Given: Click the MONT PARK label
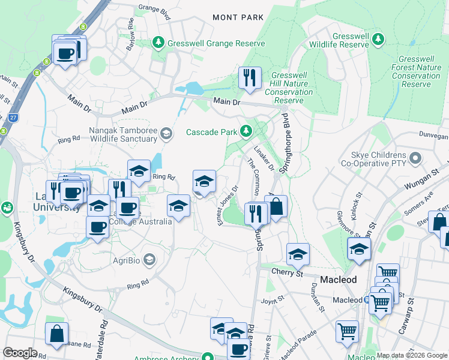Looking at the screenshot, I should click(238, 17).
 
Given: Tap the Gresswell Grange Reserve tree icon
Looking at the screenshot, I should click(158, 43).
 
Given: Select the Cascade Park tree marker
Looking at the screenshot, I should click(246, 131).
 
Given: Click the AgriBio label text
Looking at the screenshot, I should click(127, 260).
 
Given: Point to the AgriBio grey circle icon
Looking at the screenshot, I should click(149, 259).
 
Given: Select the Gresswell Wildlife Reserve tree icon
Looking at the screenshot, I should click(378, 40).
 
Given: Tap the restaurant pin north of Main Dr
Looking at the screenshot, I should click(249, 77).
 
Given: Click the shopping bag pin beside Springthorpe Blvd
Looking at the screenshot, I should click(276, 206).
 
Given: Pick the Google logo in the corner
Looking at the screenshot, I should click(20, 353).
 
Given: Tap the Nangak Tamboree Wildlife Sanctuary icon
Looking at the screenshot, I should click(166, 134).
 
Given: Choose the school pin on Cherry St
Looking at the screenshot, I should click(298, 254).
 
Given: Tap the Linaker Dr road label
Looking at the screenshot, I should click(264, 157).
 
